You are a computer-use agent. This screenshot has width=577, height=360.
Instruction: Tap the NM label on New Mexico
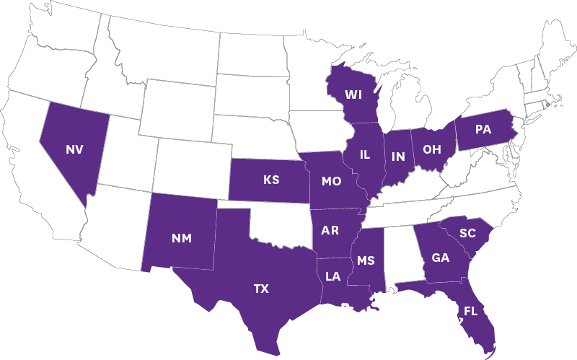click(182, 239)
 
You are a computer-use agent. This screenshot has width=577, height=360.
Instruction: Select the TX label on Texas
click(261, 289)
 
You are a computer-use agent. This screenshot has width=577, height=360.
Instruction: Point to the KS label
click(271, 180)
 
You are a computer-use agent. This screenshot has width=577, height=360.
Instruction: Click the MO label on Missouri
click(331, 181)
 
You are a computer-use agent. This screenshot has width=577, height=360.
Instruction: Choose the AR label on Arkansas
click(330, 230)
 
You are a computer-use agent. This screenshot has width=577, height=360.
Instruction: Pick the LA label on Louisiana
click(332, 276)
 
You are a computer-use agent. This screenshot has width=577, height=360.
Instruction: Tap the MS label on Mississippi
click(366, 260)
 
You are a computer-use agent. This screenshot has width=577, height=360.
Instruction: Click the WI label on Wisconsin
click(353, 95)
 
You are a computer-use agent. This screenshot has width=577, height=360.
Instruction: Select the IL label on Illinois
click(364, 154)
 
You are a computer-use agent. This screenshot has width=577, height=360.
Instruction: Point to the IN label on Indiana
click(398, 156)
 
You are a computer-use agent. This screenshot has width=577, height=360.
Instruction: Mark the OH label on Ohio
click(432, 149)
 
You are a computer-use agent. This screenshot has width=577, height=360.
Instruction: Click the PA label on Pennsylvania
click(483, 130)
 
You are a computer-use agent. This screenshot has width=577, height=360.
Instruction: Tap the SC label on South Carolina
click(467, 232)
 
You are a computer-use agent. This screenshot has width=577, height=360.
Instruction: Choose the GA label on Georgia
click(441, 258)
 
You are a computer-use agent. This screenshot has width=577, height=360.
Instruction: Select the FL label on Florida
click(471, 312)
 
